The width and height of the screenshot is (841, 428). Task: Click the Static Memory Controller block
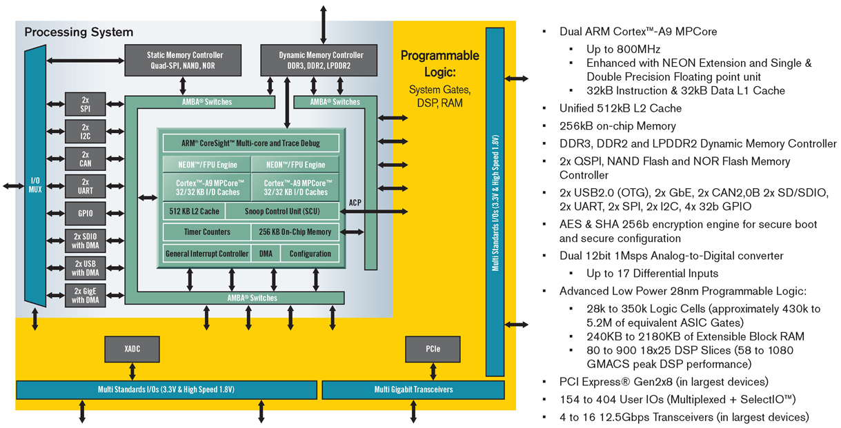pos(185,60)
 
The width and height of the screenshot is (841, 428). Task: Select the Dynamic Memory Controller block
pos(321,60)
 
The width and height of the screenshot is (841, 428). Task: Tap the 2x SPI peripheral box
pos(86,104)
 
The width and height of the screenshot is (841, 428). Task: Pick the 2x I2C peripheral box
pos(86,131)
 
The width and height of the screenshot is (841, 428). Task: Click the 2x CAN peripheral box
pos(86,158)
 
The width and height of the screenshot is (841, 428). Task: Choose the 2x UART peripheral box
pos(86,185)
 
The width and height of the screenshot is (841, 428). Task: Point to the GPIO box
pos(86,214)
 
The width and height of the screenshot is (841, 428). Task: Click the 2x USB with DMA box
pos(86,267)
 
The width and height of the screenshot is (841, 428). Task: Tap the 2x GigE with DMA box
pos(86,294)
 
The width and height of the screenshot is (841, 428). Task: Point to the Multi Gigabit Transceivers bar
pos(414,389)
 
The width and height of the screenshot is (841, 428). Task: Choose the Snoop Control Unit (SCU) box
pos(282,211)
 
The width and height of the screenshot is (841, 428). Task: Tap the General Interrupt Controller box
pos(207,254)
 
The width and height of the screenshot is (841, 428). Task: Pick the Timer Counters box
pos(207,232)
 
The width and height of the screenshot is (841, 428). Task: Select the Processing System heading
pos(79,32)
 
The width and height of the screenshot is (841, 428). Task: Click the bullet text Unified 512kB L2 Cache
pos(620,108)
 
